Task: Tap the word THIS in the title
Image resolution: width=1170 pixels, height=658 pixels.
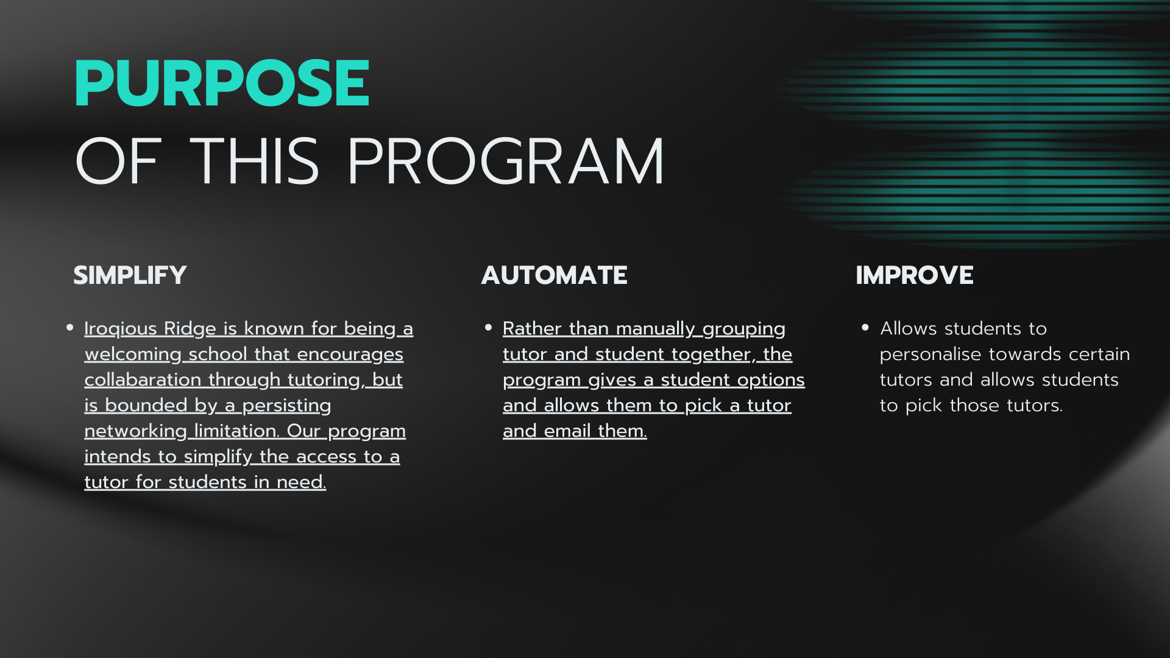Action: (x=255, y=161)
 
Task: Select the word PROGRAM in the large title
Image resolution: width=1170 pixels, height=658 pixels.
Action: (x=506, y=161)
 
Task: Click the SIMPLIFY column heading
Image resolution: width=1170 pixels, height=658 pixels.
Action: (x=130, y=275)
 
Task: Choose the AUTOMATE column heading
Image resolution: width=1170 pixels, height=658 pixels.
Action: (x=555, y=275)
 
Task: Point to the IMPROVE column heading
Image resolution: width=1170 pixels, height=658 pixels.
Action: (x=915, y=275)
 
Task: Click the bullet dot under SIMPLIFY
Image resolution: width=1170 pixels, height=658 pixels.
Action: (x=70, y=328)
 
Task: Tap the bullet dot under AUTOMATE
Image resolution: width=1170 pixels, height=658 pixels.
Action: (x=488, y=328)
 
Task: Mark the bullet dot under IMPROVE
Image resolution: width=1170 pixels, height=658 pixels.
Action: (x=865, y=328)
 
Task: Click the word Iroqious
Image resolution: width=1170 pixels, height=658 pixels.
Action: (x=121, y=329)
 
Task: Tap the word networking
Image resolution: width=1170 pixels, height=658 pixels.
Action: (x=135, y=431)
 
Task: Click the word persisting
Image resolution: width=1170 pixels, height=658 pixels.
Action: (x=286, y=406)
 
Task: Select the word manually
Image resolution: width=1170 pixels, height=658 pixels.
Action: (x=656, y=329)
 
